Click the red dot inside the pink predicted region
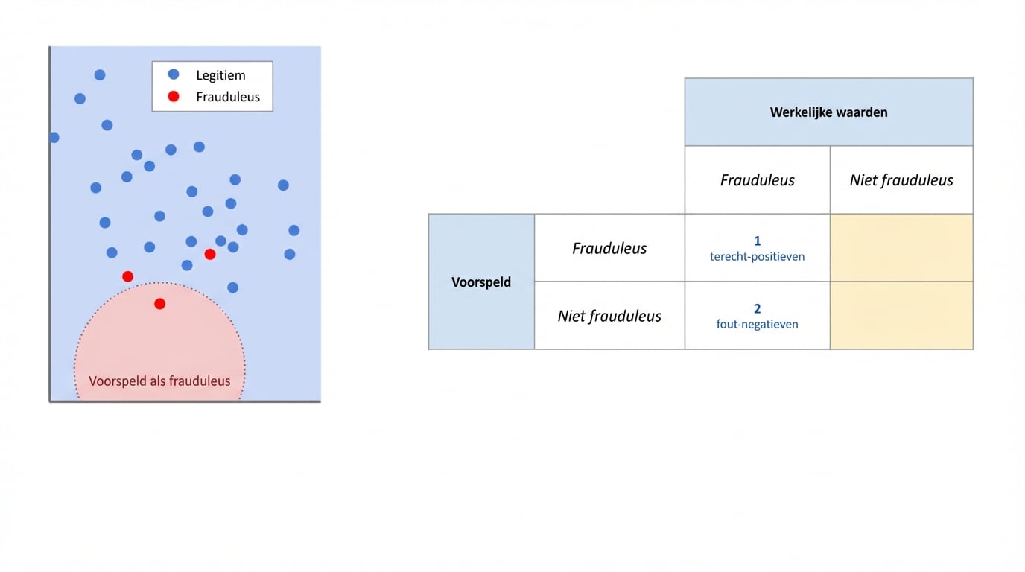159,304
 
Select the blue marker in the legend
174,74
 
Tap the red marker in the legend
174,96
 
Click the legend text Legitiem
220,75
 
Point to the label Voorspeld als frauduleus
159,381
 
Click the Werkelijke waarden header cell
828,112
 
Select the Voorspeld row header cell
481,282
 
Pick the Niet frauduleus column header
901,180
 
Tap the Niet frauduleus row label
609,316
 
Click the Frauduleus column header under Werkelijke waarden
757,180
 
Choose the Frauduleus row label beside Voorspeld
609,248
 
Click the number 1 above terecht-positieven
758,241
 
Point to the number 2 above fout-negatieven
758,309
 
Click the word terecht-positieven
757,256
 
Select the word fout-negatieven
757,324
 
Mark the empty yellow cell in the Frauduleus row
901,248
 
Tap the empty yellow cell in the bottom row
901,316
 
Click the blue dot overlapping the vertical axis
54,138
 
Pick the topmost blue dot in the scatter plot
100,74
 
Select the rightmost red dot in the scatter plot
210,255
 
